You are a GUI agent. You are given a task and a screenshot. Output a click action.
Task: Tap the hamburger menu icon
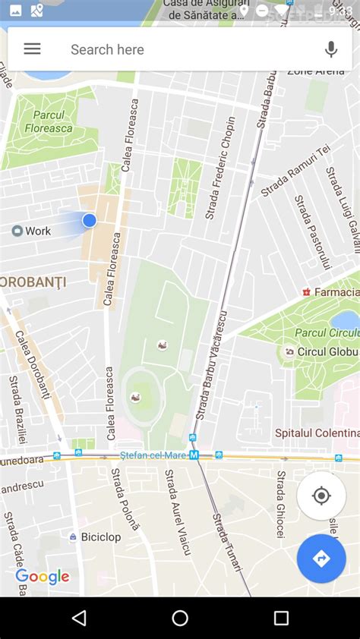[32, 49]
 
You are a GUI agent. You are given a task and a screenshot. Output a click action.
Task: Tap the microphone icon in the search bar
[330, 49]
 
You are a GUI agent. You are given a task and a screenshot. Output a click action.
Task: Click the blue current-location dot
[90, 220]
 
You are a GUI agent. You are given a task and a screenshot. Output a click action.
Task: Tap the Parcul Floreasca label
[47, 121]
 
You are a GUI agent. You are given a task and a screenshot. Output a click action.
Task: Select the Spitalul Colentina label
[317, 433]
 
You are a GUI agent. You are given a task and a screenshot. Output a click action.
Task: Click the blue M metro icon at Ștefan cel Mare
[194, 455]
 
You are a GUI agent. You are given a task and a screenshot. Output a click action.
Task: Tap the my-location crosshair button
[321, 496]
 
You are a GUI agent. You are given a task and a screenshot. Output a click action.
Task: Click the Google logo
[43, 577]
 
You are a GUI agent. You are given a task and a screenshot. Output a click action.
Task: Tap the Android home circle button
[180, 618]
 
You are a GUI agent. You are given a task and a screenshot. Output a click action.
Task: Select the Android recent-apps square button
[281, 618]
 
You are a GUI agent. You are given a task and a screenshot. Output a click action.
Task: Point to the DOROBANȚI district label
[33, 282]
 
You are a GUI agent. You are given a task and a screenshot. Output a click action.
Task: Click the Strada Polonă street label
[125, 499]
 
